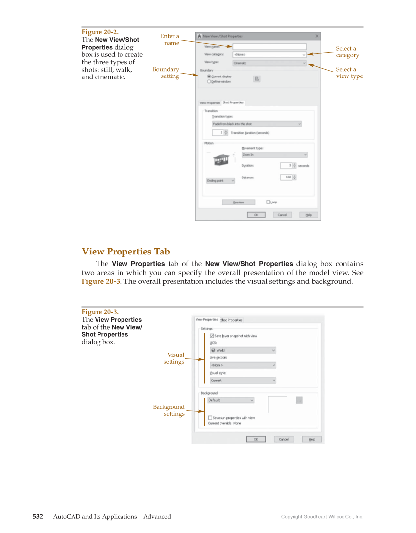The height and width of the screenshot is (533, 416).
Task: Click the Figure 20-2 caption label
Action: pyautogui.click(x=100, y=32)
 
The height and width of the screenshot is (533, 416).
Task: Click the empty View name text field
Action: pyautogui.click(x=269, y=47)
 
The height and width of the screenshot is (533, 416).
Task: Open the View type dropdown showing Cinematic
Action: pyautogui.click(x=269, y=63)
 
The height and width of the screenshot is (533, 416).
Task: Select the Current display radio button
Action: pyautogui.click(x=209, y=76)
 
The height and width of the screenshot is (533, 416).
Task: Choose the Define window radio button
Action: pyautogui.click(x=209, y=82)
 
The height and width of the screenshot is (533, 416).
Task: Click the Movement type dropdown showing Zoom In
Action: pyautogui.click(x=274, y=155)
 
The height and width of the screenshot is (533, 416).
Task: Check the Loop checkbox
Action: pyautogui.click(x=268, y=202)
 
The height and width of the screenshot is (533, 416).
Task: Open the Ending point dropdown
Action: pyautogui.click(x=220, y=180)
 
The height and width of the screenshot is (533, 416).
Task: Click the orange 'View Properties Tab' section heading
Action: pyautogui.click(x=125, y=252)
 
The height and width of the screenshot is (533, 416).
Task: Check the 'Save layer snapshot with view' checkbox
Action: pyautogui.click(x=212, y=336)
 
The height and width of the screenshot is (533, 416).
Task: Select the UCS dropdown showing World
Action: pyautogui.click(x=243, y=350)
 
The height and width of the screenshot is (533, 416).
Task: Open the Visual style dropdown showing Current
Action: pyautogui.click(x=243, y=381)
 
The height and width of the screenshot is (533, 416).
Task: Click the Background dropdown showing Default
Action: pyautogui.click(x=231, y=400)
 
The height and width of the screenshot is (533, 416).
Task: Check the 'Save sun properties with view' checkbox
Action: pyautogui.click(x=210, y=418)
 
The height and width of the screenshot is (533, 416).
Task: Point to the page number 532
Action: pyautogui.click(x=38, y=516)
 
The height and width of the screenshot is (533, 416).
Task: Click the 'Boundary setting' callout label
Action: pyautogui.click(x=166, y=73)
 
